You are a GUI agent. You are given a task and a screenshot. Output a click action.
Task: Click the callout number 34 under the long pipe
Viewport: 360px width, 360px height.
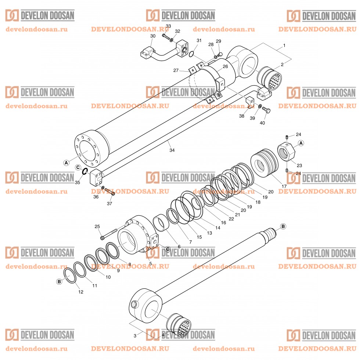[x=172, y=150]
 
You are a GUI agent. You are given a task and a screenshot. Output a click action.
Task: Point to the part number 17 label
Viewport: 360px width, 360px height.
[x=284, y=186]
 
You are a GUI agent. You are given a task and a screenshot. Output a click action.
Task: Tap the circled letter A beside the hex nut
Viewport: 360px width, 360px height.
[x=300, y=143]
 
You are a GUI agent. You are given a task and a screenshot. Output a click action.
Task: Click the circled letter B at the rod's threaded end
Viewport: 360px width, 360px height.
[x=283, y=226]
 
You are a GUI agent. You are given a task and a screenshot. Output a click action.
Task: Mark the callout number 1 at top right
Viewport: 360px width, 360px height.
[x=284, y=46]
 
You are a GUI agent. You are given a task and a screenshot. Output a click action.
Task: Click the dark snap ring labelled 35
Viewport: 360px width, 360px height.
[x=84, y=171]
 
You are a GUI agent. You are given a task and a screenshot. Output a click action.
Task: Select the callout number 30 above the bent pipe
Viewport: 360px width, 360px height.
[x=153, y=36]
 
